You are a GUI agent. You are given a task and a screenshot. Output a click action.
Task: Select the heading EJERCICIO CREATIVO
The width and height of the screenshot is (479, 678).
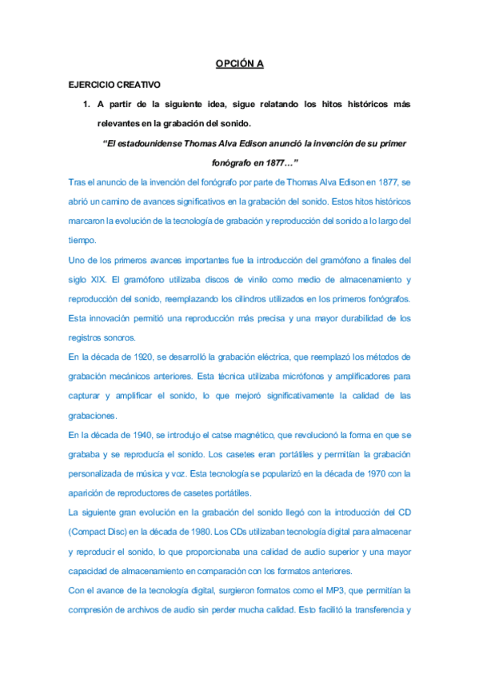(114, 84)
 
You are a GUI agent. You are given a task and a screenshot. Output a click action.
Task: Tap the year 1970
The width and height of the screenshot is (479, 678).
(375, 473)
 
